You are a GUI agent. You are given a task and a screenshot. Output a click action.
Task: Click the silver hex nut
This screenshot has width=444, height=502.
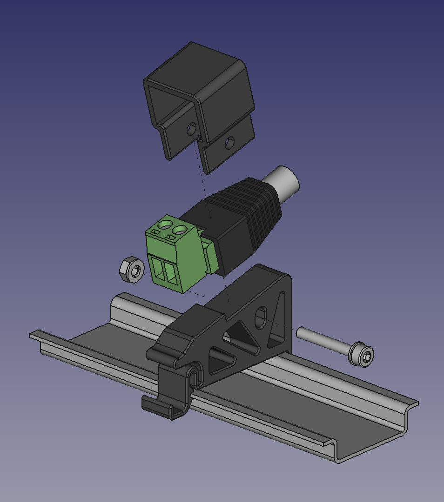131,270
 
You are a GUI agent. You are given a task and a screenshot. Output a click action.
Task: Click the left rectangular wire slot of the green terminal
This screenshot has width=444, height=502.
160,271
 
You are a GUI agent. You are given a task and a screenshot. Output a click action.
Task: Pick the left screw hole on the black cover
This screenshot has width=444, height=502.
191,129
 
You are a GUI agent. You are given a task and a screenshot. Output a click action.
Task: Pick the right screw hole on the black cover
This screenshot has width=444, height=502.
229,143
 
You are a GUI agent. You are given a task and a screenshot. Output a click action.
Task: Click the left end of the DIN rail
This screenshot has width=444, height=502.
37,336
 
